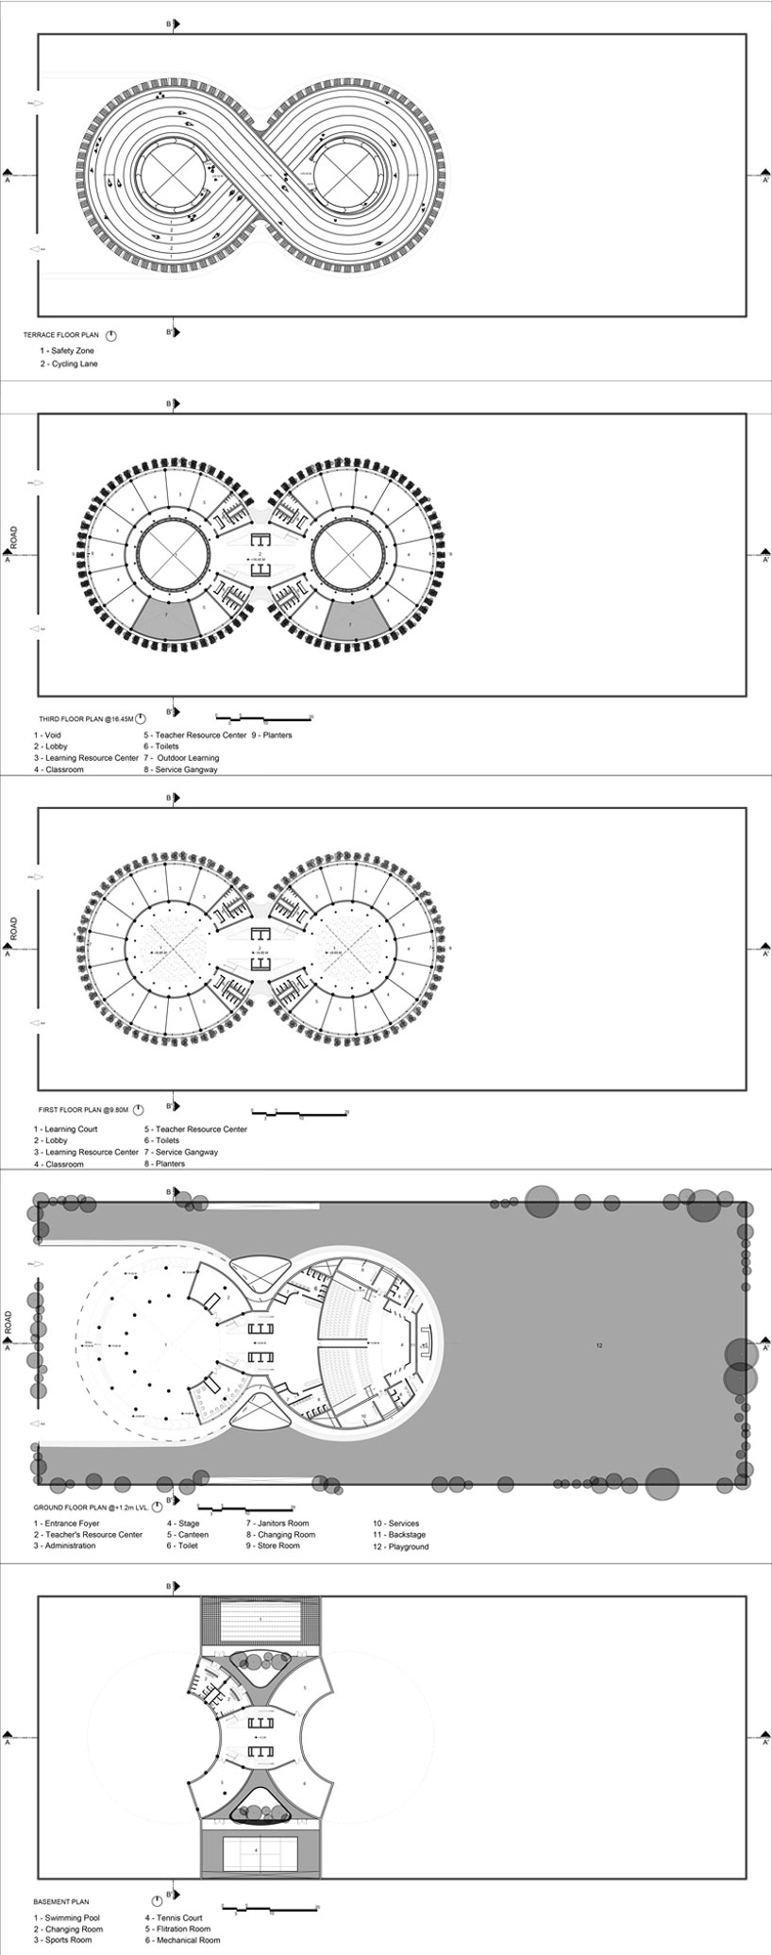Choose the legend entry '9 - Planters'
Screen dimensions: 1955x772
pos(273,734)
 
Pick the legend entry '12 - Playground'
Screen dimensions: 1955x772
pos(400,1547)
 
